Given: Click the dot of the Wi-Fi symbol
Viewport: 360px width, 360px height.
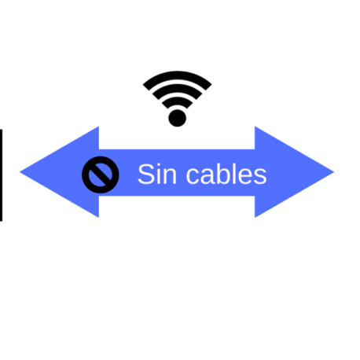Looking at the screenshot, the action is pyautogui.click(x=177, y=118).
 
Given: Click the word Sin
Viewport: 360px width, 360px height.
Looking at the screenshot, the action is pyautogui.click(x=157, y=174).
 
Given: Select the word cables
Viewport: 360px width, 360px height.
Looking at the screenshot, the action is pyautogui.click(x=226, y=174).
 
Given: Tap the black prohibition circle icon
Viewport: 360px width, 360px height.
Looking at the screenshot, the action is pyautogui.click(x=101, y=174).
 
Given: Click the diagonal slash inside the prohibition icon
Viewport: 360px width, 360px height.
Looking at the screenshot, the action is pyautogui.click(x=101, y=174).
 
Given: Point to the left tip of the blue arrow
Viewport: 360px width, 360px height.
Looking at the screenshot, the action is pyautogui.click(x=20, y=172).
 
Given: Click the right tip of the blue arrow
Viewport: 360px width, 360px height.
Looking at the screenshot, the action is pyautogui.click(x=334, y=172).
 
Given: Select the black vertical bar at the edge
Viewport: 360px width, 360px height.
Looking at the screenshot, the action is pyautogui.click(x=1, y=175).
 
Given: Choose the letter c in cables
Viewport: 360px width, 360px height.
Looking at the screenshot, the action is pyautogui.click(x=193, y=176).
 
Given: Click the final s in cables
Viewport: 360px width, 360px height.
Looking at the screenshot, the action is pyautogui.click(x=261, y=176).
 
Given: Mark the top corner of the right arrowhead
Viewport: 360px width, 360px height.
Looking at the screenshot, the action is pyautogui.click(x=255, y=127).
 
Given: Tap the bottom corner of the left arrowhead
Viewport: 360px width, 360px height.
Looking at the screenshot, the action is pyautogui.click(x=99, y=217).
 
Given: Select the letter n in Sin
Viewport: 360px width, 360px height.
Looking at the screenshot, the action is pyautogui.click(x=170, y=176).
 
